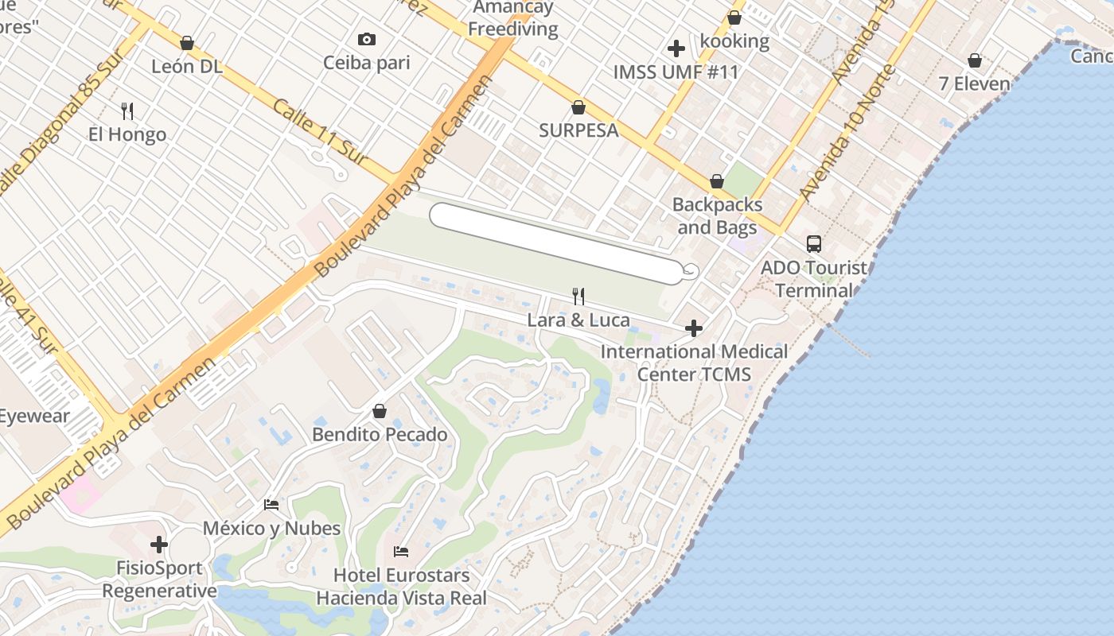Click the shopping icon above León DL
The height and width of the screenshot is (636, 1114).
[187, 42]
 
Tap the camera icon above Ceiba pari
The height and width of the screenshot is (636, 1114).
[367, 39]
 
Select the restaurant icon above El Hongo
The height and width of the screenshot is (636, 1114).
[127, 111]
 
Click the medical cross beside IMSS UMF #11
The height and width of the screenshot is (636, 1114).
[676, 48]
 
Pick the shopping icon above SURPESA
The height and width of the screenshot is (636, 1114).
[578, 107]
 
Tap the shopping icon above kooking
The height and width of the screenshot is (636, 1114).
[734, 17]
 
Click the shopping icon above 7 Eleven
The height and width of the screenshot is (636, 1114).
[975, 60]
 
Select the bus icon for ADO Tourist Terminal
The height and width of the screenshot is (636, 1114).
[814, 244]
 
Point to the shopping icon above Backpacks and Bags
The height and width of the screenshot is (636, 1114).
[717, 181]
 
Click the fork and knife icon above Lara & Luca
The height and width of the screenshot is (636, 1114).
[579, 297]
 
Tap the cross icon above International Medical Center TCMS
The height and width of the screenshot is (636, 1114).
[694, 328]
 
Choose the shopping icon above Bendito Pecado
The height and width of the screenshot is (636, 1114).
[380, 411]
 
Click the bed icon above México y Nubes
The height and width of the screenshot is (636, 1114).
[271, 504]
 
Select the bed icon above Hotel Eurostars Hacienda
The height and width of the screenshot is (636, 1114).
[401, 551]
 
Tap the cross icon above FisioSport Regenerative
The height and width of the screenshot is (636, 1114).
[159, 545]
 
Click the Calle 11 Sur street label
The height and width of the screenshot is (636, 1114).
[321, 133]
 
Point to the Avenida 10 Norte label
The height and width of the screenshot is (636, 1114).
[847, 133]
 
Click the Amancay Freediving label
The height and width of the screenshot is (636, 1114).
[513, 19]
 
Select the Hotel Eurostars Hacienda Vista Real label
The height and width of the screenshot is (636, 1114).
[402, 587]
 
